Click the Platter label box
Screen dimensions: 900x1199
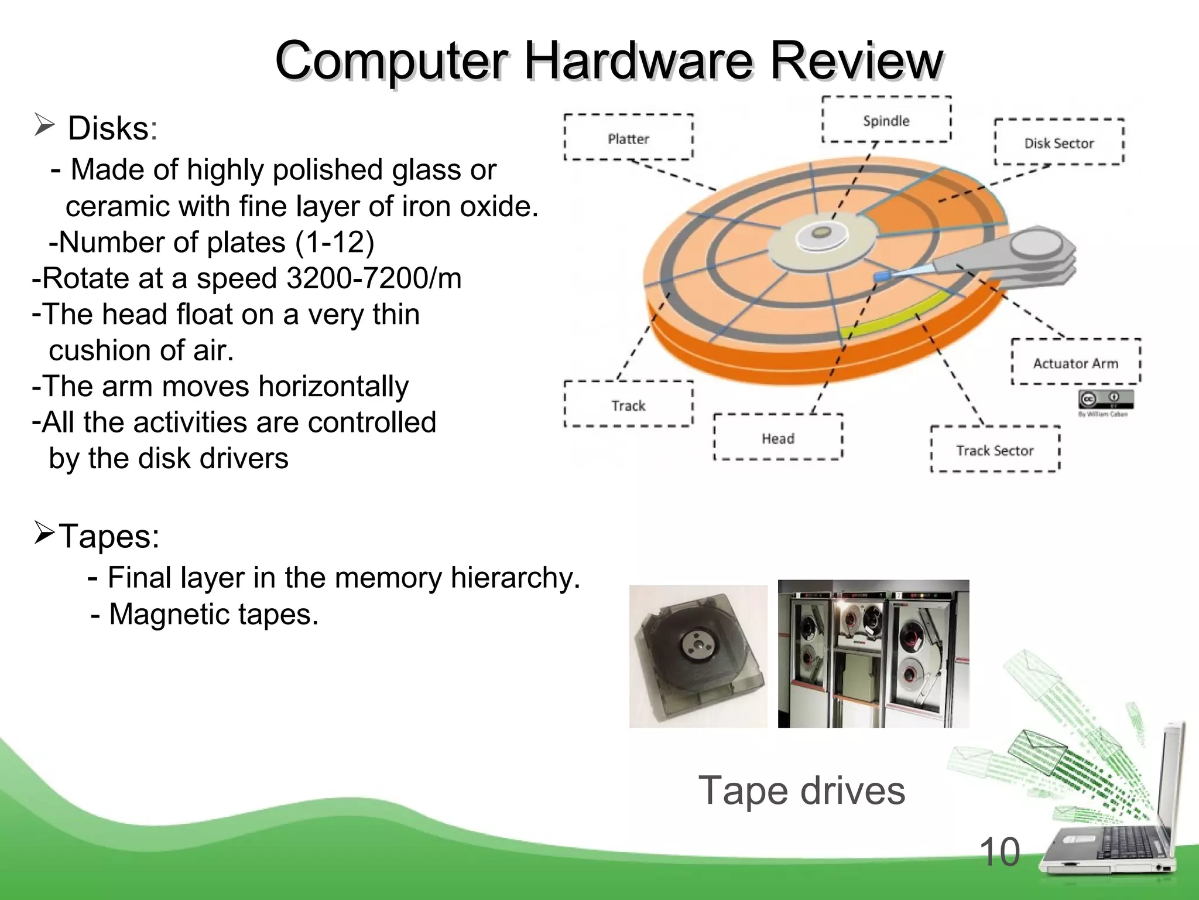tap(628, 138)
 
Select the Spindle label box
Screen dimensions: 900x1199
tap(886, 120)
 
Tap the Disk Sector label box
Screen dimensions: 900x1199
tap(1059, 142)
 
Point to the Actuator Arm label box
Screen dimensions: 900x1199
tap(1076, 363)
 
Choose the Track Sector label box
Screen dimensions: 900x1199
tap(995, 449)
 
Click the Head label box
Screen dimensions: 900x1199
tap(778, 438)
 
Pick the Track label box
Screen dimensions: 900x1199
tap(628, 405)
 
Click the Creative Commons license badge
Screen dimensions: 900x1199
tap(1106, 400)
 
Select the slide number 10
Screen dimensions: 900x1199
tap(999, 852)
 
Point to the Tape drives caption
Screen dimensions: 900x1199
tap(801, 790)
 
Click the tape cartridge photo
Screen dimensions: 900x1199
tap(698, 656)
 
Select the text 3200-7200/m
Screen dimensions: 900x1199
tap(374, 278)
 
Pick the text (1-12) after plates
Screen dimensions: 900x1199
tap(334, 242)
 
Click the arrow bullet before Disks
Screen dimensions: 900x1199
tap(44, 125)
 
